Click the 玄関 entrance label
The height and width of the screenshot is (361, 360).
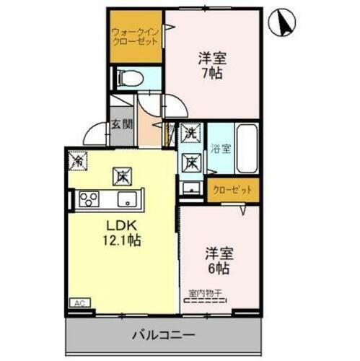(x=120, y=123)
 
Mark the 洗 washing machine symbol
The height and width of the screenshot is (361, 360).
(x=190, y=133)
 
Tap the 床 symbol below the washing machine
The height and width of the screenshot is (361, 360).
(x=190, y=163)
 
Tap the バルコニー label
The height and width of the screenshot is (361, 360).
(x=164, y=334)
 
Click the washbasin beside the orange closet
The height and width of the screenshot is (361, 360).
(x=191, y=190)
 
